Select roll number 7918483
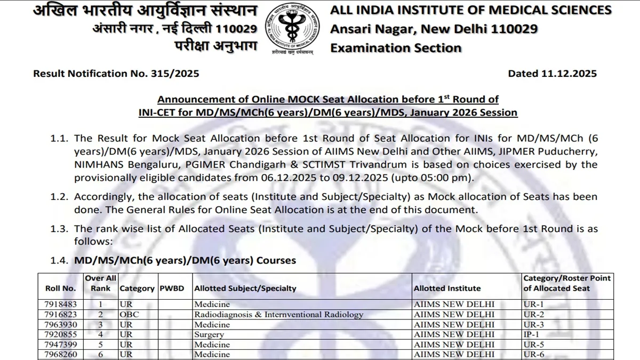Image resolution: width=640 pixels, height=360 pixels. [x=61, y=304]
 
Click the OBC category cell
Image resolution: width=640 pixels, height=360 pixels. [x=129, y=314]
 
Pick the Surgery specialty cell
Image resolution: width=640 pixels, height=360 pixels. [x=209, y=334]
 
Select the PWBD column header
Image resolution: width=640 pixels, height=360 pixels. [x=172, y=288]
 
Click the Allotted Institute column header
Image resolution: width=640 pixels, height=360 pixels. [x=447, y=288]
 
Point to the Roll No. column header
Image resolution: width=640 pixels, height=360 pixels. [x=61, y=288]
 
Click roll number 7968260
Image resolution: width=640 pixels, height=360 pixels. [x=61, y=354]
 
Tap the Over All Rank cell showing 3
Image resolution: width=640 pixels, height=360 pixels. [x=100, y=324]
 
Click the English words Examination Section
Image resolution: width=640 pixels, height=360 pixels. [x=396, y=48]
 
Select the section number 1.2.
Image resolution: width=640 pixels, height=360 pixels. [x=60, y=197]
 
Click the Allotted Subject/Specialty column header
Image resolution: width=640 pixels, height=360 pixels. [x=245, y=288]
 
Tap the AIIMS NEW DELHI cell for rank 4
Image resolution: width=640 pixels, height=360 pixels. [x=454, y=334]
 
